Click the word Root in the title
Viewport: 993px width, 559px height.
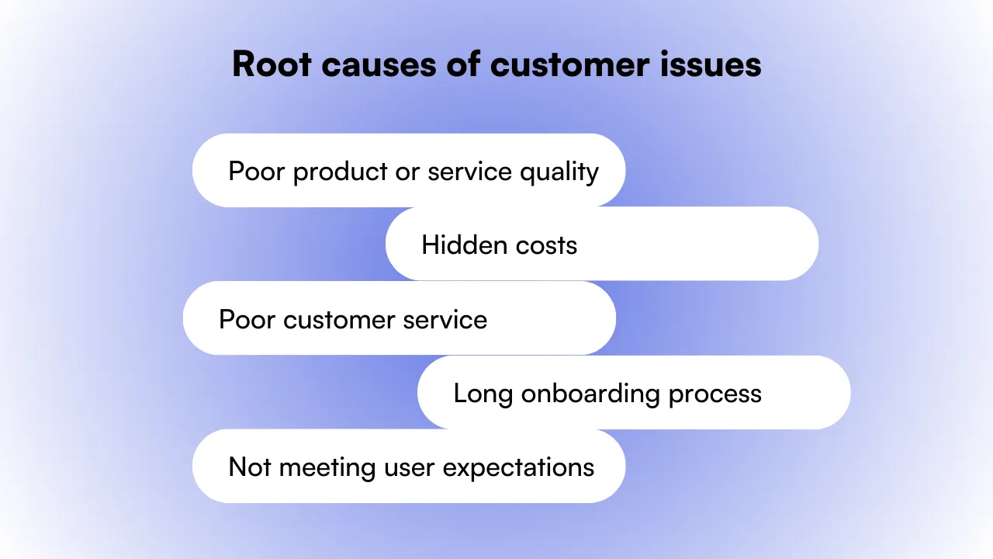tap(271, 64)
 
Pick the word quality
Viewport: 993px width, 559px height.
tap(559, 172)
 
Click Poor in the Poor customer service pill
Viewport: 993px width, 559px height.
tap(247, 320)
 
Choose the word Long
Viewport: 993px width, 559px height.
tap(483, 394)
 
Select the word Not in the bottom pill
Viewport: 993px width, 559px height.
tap(249, 467)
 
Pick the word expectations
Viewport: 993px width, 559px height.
tap(518, 468)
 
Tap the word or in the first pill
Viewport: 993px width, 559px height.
tap(407, 172)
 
